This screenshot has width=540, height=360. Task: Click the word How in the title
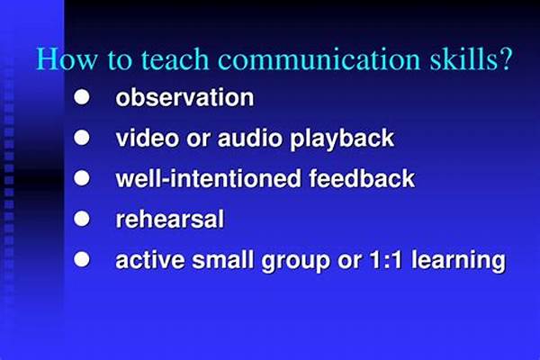click(x=67, y=59)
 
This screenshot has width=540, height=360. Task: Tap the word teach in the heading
click(x=175, y=59)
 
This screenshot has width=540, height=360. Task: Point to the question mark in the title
click(x=505, y=59)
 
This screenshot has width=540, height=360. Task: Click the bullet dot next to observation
click(x=82, y=97)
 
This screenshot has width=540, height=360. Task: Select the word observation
click(x=184, y=97)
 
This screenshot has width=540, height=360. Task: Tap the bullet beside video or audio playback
click(x=82, y=138)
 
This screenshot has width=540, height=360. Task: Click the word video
click(x=148, y=138)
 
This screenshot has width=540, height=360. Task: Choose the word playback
click(x=342, y=139)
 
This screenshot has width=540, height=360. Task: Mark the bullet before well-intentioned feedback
click(x=82, y=178)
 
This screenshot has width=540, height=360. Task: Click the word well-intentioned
click(x=209, y=178)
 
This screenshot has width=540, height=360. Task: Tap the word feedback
click(x=362, y=178)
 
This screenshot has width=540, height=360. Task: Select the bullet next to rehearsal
click(x=82, y=219)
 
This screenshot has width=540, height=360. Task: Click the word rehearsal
click(x=170, y=219)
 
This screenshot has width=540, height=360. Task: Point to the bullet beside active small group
click(x=82, y=259)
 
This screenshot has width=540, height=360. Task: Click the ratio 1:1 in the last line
click(x=385, y=260)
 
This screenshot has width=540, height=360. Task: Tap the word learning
click(x=458, y=261)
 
